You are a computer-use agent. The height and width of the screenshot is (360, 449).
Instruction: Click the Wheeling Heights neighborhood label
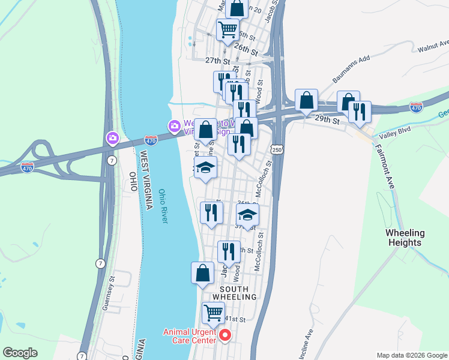point(405,238)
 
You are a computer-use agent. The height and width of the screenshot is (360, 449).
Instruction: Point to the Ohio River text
point(163,206)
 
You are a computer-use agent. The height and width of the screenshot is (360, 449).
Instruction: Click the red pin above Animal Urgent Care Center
point(225,335)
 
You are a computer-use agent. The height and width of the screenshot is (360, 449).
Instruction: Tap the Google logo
point(20,353)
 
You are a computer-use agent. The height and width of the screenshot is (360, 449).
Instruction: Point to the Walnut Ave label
point(433,46)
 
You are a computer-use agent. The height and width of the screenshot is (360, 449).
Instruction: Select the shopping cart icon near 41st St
point(213,313)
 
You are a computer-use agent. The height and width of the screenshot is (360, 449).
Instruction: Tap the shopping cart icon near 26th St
point(228,29)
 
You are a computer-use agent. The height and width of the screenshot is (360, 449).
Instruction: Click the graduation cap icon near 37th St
point(247,215)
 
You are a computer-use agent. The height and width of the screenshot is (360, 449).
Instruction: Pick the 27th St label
point(217,61)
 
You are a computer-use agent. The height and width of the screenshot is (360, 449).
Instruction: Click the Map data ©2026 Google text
point(411,355)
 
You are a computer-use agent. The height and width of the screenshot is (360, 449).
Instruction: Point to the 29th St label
point(327,120)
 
